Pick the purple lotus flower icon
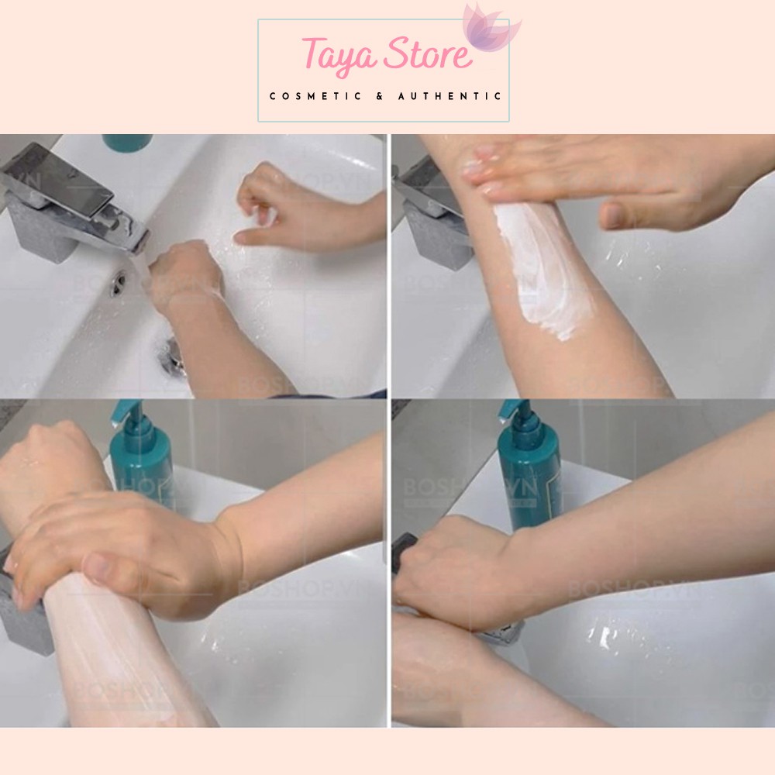tap(490, 29)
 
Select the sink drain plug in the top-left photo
tap(174, 357)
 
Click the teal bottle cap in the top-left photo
tap(128, 142)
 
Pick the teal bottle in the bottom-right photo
tap(527, 473)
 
